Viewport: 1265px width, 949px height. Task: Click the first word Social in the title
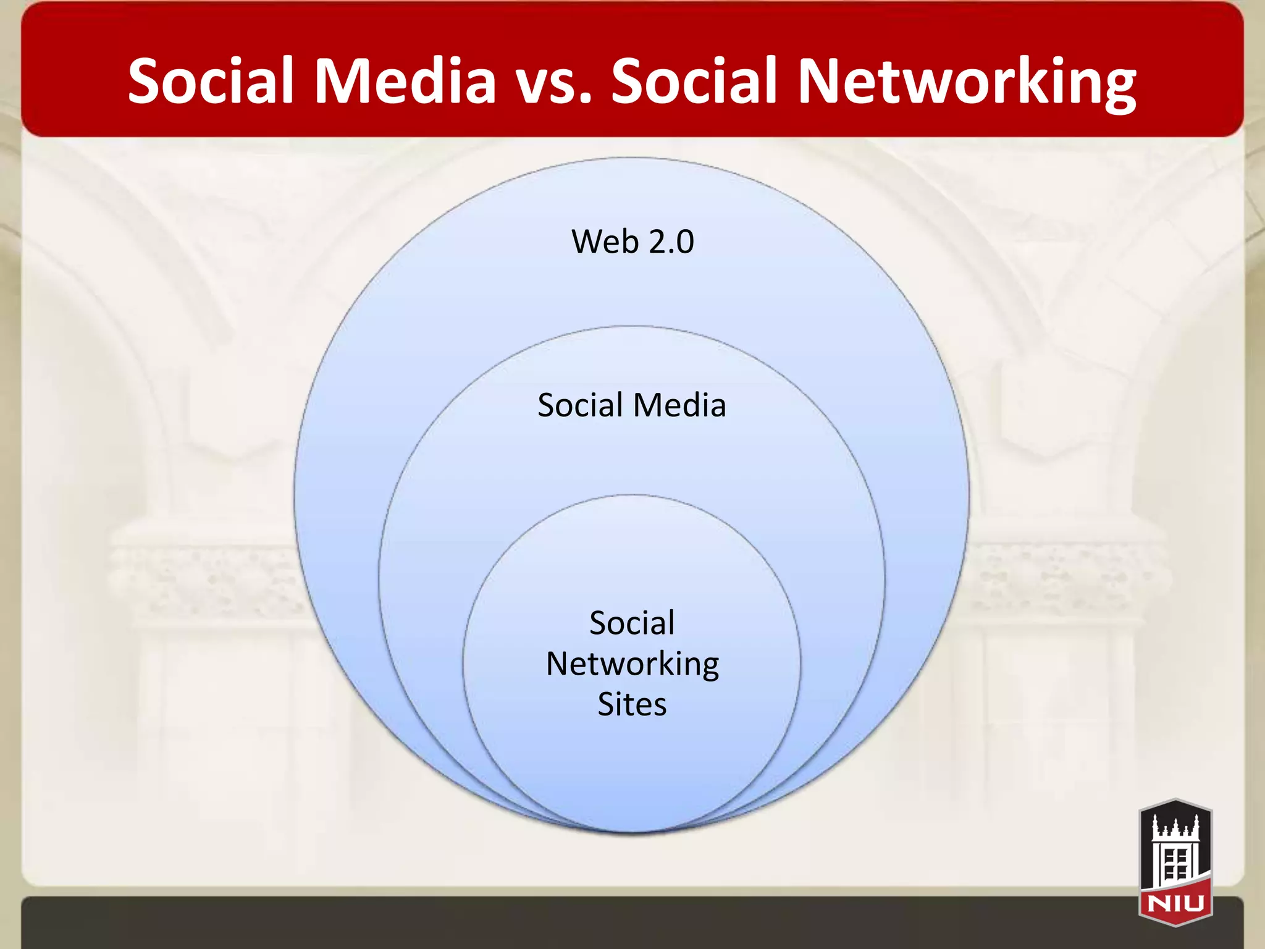(x=210, y=81)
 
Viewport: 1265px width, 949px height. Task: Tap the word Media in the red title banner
(x=405, y=81)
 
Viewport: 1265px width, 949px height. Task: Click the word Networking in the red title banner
(x=966, y=82)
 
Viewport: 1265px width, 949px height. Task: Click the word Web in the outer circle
(x=605, y=242)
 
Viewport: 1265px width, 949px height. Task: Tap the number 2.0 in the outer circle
(x=671, y=242)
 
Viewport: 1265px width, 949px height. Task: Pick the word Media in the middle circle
(x=679, y=406)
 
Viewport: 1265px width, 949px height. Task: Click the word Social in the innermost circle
(x=632, y=623)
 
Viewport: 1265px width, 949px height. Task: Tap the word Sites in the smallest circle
(x=632, y=704)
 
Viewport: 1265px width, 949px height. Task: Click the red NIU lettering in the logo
(x=1175, y=903)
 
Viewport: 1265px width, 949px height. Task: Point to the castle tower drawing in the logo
(x=1175, y=850)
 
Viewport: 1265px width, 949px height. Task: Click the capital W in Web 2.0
(x=587, y=242)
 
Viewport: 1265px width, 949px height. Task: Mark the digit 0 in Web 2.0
(x=685, y=242)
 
